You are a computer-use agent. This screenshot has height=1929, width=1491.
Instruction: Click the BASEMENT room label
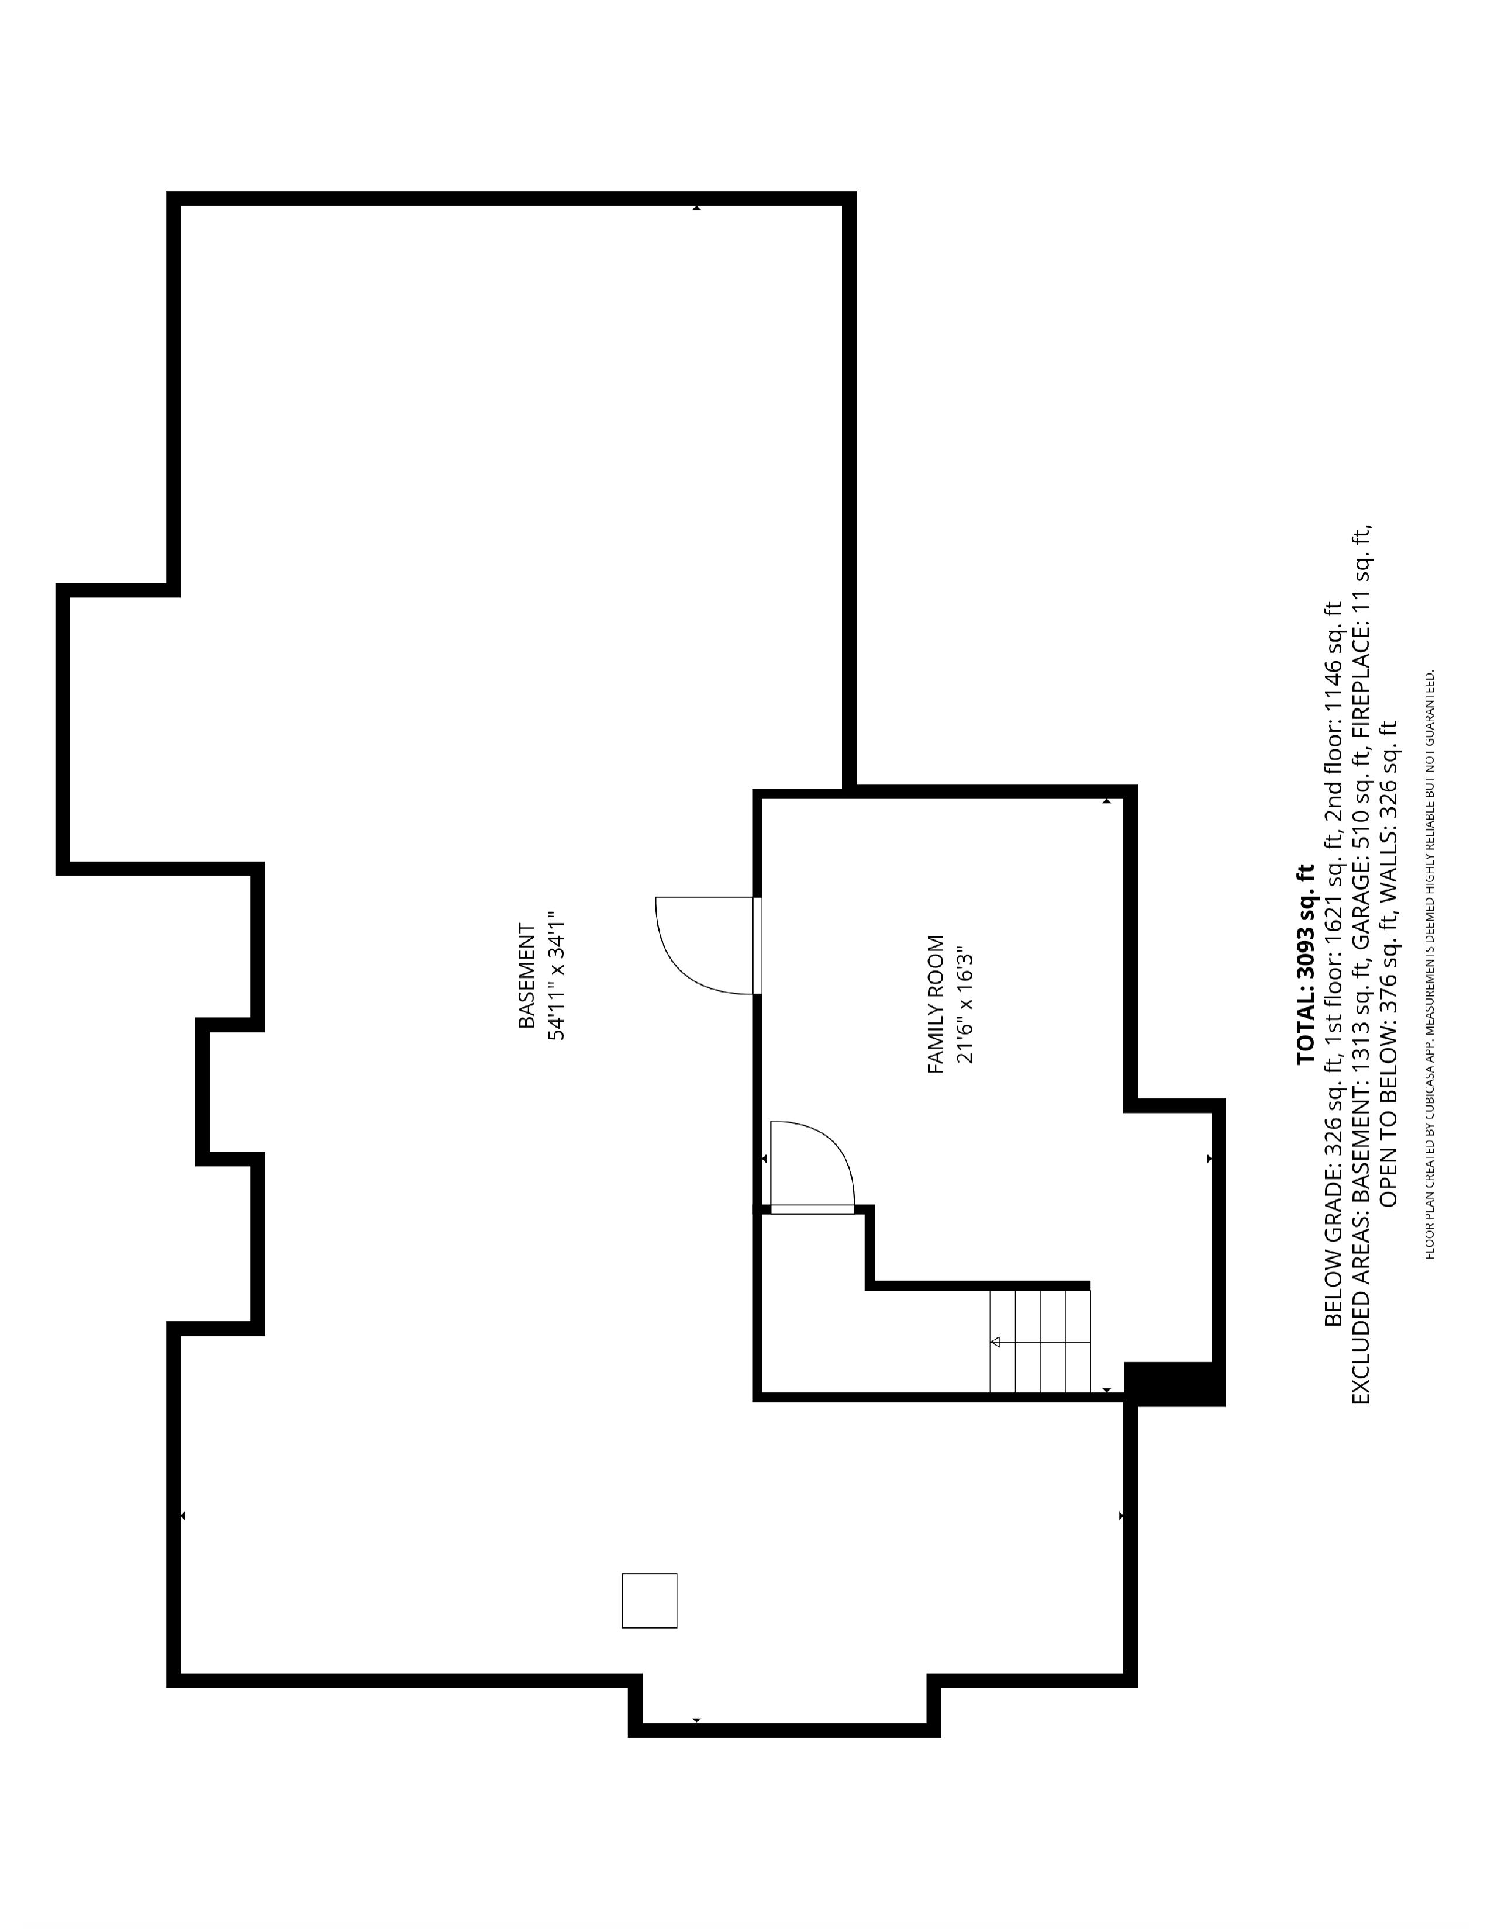click(526, 976)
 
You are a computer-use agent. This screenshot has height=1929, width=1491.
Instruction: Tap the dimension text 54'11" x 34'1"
click(557, 976)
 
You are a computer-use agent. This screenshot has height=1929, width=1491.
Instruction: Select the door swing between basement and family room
click(707, 945)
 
